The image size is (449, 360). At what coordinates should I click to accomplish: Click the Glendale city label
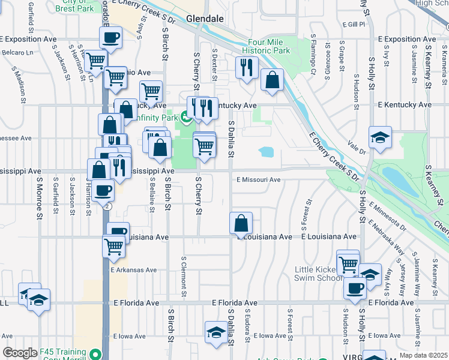pos(205,19)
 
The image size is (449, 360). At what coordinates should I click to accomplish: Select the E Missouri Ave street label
pos(258,179)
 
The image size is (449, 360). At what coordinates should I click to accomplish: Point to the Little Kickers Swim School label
pos(319,274)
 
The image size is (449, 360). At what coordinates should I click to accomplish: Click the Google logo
pos(20,352)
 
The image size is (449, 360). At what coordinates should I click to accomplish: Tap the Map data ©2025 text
pos(423,355)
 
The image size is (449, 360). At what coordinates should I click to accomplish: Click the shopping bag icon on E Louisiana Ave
pos(241,223)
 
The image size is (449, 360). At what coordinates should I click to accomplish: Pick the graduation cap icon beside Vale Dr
pos(380,137)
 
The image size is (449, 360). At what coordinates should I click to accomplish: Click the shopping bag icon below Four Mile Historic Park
pos(273,80)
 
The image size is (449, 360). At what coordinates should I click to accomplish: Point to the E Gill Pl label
pos(354,25)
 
